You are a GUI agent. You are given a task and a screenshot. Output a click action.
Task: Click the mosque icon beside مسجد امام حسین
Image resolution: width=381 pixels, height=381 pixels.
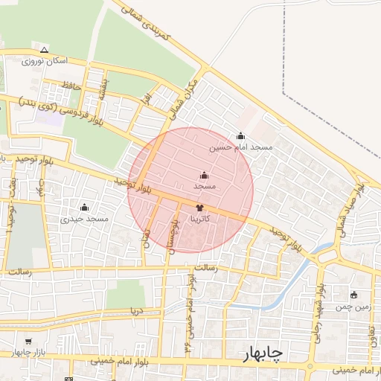coord(240,136)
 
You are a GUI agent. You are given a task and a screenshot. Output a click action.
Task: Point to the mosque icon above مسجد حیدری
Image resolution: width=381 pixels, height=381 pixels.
coord(84,207)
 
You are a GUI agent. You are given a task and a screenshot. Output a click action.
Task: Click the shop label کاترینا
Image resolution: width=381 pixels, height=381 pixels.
coord(204,220)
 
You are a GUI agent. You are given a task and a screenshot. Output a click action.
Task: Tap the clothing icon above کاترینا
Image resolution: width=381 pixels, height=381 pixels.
coord(199,208)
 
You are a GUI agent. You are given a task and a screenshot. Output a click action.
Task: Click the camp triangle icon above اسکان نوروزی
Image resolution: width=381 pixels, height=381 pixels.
coord(45,50)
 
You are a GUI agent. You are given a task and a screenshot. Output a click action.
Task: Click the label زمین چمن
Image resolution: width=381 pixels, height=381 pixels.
coord(352,306)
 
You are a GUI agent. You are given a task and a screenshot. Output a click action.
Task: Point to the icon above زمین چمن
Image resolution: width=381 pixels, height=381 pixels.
coord(353,295)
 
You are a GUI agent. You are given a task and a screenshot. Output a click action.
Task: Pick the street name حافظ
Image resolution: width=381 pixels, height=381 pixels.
coord(71,87)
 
